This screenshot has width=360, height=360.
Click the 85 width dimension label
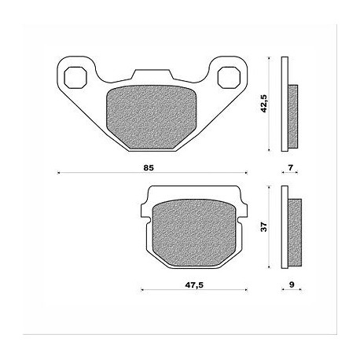(x=149, y=167)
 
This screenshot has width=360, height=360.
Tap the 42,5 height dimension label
(x=263, y=104)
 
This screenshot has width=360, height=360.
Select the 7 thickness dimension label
(x=290, y=167)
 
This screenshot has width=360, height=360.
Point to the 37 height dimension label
(x=264, y=227)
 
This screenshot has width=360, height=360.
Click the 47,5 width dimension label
(x=194, y=285)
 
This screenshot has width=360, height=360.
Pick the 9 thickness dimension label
(x=292, y=285)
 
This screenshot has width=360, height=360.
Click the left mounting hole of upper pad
(x=75, y=77)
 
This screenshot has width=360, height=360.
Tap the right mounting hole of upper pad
(x=230, y=77)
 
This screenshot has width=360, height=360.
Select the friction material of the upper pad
(x=151, y=117)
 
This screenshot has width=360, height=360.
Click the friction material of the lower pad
(x=193, y=233)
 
